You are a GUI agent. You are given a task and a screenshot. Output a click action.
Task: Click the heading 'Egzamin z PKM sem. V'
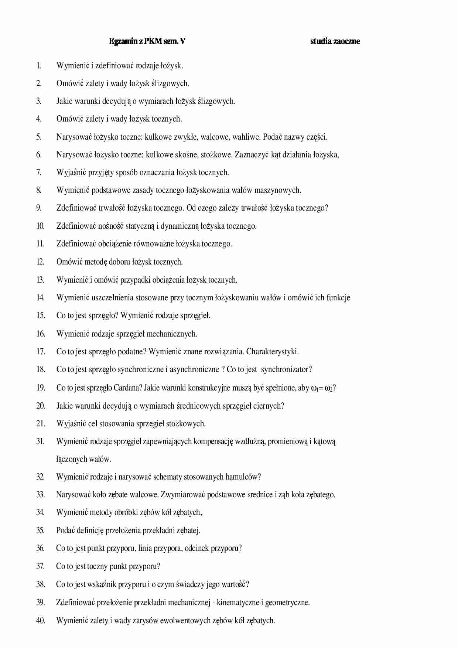(x=147, y=41)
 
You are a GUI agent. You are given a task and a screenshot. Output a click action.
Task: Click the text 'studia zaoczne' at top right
(x=335, y=41)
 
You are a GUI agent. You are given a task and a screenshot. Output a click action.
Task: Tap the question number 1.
(x=38, y=66)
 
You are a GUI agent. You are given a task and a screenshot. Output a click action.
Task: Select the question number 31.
(x=40, y=441)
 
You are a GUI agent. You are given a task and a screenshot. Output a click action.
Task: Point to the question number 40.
(x=41, y=620)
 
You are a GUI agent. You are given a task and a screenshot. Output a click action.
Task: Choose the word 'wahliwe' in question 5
(x=246, y=137)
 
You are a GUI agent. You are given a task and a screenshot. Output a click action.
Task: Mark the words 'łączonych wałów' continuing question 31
(x=83, y=459)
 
